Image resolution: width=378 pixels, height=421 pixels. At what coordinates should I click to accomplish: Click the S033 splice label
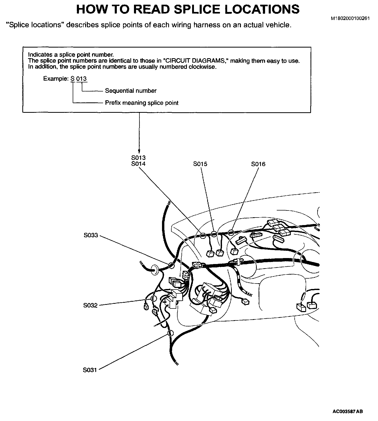pyautogui.click(x=91, y=235)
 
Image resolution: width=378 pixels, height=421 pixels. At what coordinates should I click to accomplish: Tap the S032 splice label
pyautogui.click(x=90, y=305)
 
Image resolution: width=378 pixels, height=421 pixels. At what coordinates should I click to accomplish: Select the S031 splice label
pyautogui.click(x=90, y=370)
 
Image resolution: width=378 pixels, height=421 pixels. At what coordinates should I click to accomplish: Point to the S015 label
pyautogui.click(x=200, y=164)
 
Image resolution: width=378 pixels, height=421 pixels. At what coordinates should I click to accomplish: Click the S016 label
pyautogui.click(x=258, y=164)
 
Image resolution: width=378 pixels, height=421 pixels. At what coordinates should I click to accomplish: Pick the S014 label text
pyautogui.click(x=138, y=164)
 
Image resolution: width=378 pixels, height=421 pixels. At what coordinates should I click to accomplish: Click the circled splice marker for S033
pyautogui.click(x=171, y=265)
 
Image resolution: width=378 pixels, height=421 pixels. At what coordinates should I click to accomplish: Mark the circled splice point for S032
pyautogui.click(x=153, y=298)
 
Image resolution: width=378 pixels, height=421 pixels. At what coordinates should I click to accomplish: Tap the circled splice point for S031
pyautogui.click(x=170, y=333)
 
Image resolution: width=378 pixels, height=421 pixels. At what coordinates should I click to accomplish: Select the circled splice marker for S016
pyautogui.click(x=231, y=232)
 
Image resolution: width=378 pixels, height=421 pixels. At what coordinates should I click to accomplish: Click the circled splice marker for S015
pyautogui.click(x=214, y=234)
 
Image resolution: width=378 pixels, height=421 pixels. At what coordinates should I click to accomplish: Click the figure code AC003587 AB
pyautogui.click(x=348, y=411)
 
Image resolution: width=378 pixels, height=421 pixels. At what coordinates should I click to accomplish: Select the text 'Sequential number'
pyautogui.click(x=131, y=91)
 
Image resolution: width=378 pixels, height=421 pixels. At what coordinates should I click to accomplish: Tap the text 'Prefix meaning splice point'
pyautogui.click(x=141, y=103)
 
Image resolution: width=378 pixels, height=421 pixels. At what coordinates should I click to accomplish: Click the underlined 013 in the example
pyautogui.click(x=82, y=79)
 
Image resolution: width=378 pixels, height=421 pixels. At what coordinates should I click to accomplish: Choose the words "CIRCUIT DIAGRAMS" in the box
pyautogui.click(x=195, y=61)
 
